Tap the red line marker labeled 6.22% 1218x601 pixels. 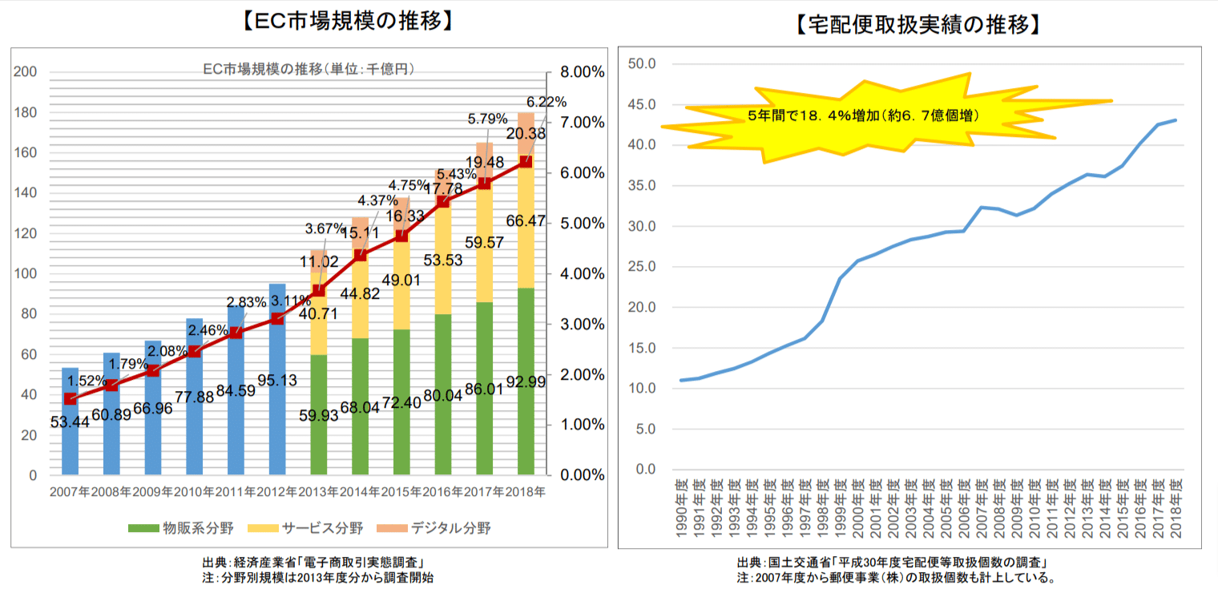(x=526, y=162)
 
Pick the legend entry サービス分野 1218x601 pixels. (x=313, y=528)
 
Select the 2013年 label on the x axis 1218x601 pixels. (x=319, y=491)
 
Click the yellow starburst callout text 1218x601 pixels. (x=862, y=115)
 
